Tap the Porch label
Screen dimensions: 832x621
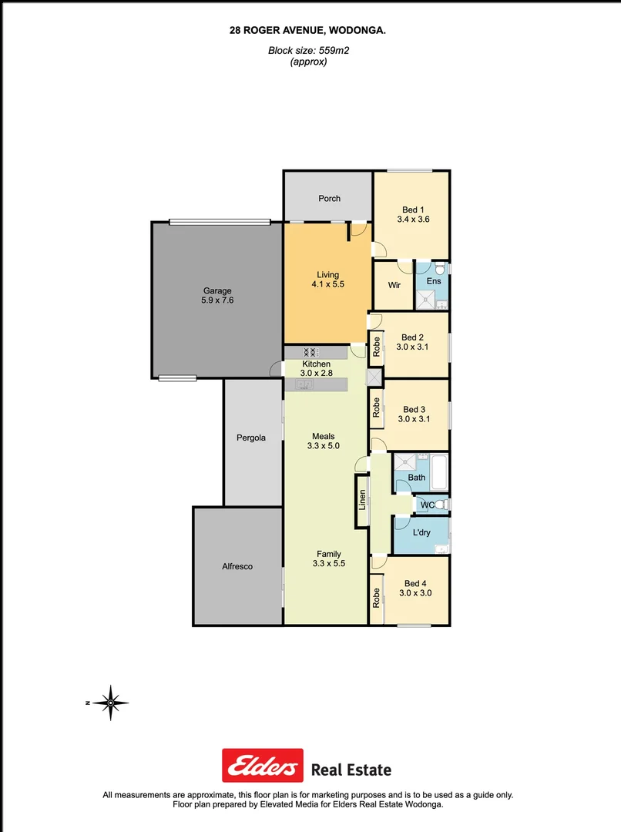[329, 199]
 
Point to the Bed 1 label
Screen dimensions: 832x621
[413, 210]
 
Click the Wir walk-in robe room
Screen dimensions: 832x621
[394, 285]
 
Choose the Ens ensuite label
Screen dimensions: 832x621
[434, 281]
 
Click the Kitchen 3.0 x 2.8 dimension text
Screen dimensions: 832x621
[316, 374]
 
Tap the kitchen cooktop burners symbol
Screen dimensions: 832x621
[310, 352]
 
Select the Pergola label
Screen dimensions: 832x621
[251, 438]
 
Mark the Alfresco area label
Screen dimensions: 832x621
[237, 566]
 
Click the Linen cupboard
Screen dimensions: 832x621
[361, 501]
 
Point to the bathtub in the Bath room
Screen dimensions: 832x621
[439, 471]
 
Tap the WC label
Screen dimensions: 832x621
[424, 505]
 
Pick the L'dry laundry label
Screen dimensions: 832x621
[421, 533]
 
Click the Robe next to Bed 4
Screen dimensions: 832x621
[376, 599]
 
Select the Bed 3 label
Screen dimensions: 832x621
[413, 410]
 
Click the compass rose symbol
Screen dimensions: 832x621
[112, 703]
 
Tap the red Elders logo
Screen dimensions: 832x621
[263, 766]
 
